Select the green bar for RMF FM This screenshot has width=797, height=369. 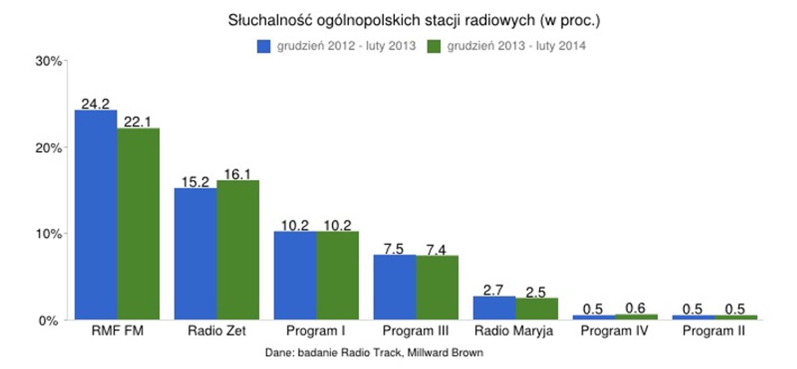click(138, 224)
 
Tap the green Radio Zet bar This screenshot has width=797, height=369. click(238, 250)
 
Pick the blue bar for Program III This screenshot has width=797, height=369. click(395, 287)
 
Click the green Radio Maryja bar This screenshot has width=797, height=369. click(536, 309)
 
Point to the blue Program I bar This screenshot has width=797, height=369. click(295, 275)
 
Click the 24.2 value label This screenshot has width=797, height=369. click(96, 104)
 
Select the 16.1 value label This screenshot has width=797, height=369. click(237, 174)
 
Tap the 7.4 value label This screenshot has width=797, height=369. click(436, 250)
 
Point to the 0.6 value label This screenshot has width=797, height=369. click(635, 308)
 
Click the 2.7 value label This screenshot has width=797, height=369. click(493, 290)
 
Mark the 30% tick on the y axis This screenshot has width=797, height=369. click(49, 61)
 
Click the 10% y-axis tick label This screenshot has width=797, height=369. click(49, 234)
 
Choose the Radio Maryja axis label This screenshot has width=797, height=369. click(514, 331)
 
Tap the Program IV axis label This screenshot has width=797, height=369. click(614, 331)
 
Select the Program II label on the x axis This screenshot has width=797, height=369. click(713, 331)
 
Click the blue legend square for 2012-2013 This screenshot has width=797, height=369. click(263, 46)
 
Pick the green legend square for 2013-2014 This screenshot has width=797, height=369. click(434, 46)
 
